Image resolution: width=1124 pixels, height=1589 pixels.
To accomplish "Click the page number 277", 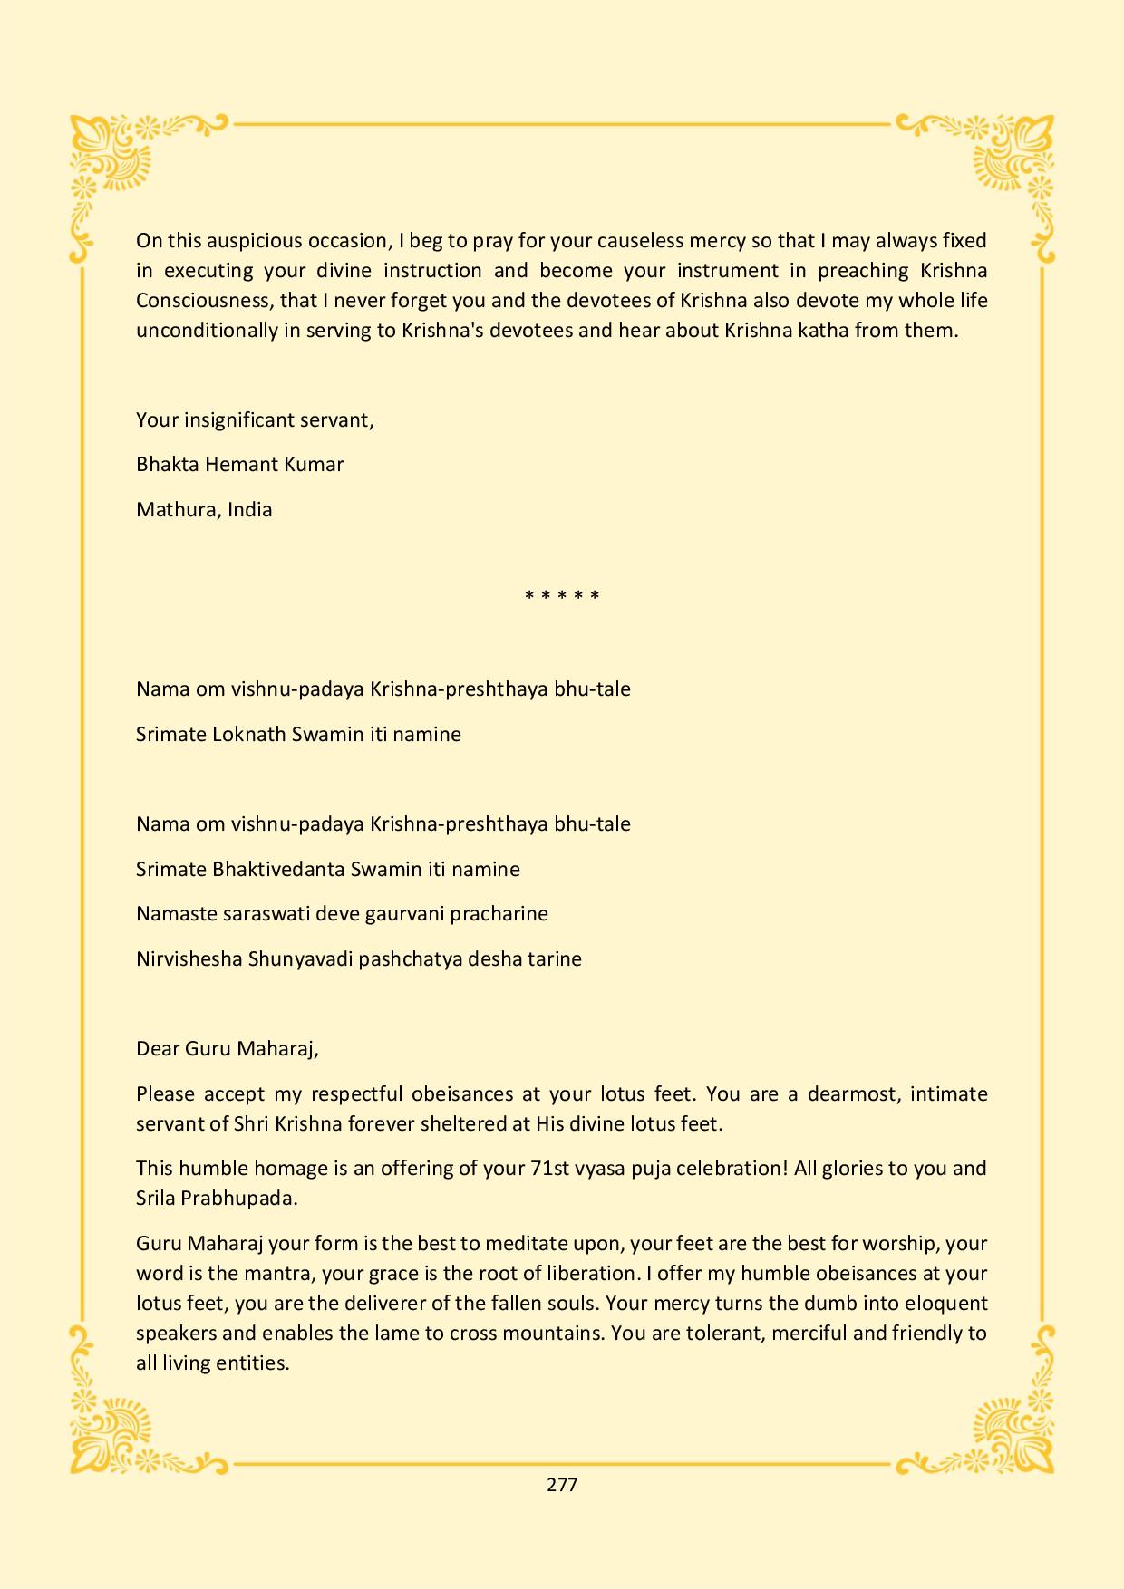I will point(562,1484).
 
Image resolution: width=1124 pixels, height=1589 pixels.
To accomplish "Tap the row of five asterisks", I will point(562,596).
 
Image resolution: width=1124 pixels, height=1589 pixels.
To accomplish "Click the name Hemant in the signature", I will point(237,465).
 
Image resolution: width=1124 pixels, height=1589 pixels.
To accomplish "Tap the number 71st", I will point(550,1169).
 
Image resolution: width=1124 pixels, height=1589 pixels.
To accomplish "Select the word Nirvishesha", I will point(189,958).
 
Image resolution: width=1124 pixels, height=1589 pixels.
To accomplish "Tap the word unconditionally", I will point(207,331).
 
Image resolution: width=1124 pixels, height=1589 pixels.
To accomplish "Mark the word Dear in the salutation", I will point(157,1049).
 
